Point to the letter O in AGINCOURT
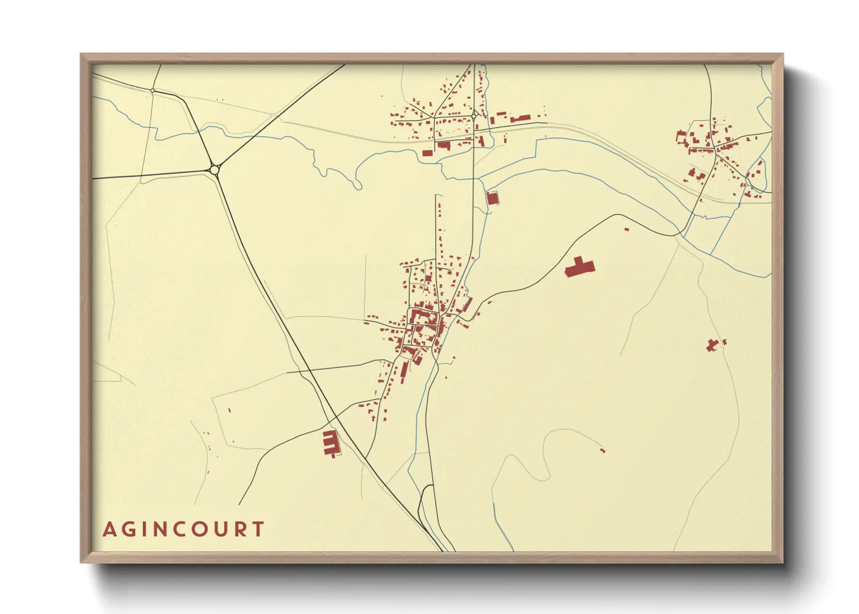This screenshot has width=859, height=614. (201, 529)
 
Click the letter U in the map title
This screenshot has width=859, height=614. (221, 529)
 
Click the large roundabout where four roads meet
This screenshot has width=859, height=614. (215, 169)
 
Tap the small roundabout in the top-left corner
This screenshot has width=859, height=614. (153, 91)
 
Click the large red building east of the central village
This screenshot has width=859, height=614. (579, 267)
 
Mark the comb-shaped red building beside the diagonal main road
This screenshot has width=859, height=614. (330, 443)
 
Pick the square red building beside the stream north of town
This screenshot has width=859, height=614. (492, 198)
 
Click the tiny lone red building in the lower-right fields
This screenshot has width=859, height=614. (602, 450)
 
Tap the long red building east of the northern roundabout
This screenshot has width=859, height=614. (520, 118)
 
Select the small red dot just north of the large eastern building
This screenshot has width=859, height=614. (626, 229)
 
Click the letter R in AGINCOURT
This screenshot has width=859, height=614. (240, 529)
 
